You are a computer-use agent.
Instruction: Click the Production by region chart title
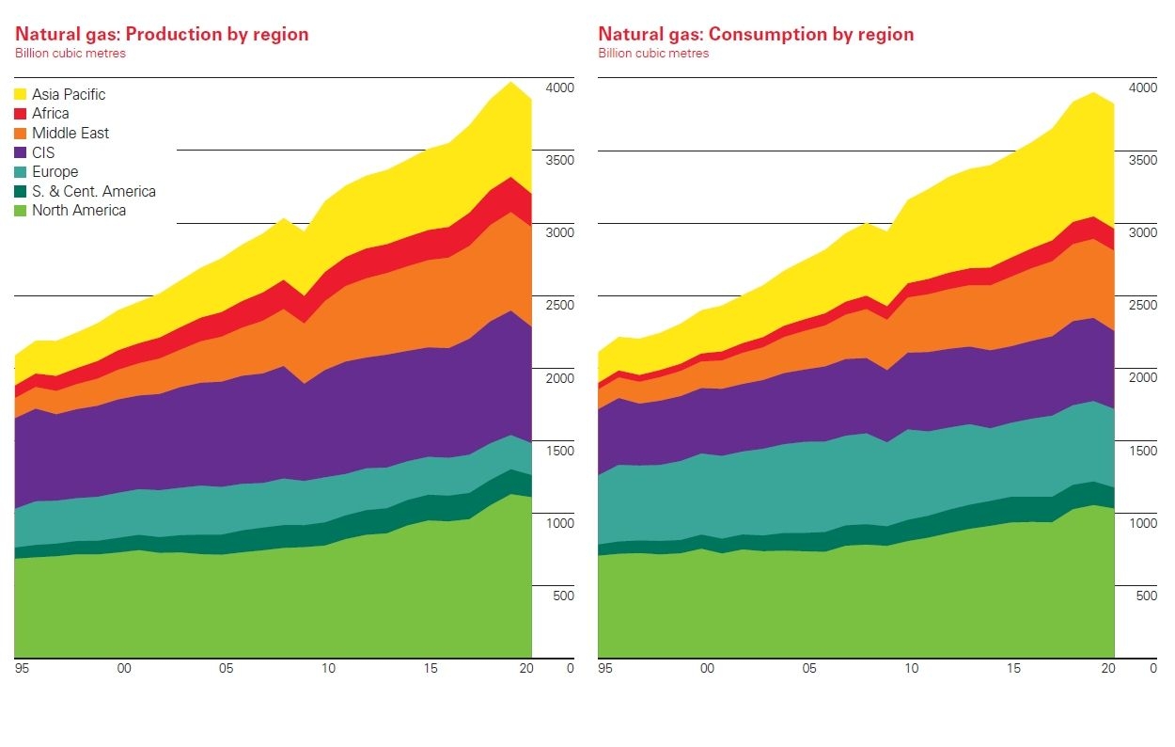pos(162,35)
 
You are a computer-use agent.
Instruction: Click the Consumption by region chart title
pos(756,35)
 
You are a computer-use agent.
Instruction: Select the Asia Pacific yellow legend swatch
pos(20,94)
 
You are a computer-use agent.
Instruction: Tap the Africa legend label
pos(51,114)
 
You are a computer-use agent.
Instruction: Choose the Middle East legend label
pos(70,134)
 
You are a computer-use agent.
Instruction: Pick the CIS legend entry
pos(43,152)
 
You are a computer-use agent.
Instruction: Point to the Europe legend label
pos(55,172)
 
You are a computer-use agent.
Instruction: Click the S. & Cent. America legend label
pos(94,192)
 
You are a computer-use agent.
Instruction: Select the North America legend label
pos(79,211)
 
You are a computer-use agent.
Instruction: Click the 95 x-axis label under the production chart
pos(21,669)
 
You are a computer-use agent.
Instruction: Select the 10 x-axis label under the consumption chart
pos(912,669)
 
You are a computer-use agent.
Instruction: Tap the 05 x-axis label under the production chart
pos(226,669)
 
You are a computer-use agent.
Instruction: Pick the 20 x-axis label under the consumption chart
pos(1108,669)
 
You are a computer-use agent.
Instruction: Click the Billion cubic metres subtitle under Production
pos(70,54)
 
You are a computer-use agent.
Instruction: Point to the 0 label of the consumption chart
pos(1153,669)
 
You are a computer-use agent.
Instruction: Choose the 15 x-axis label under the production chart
pos(430,669)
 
